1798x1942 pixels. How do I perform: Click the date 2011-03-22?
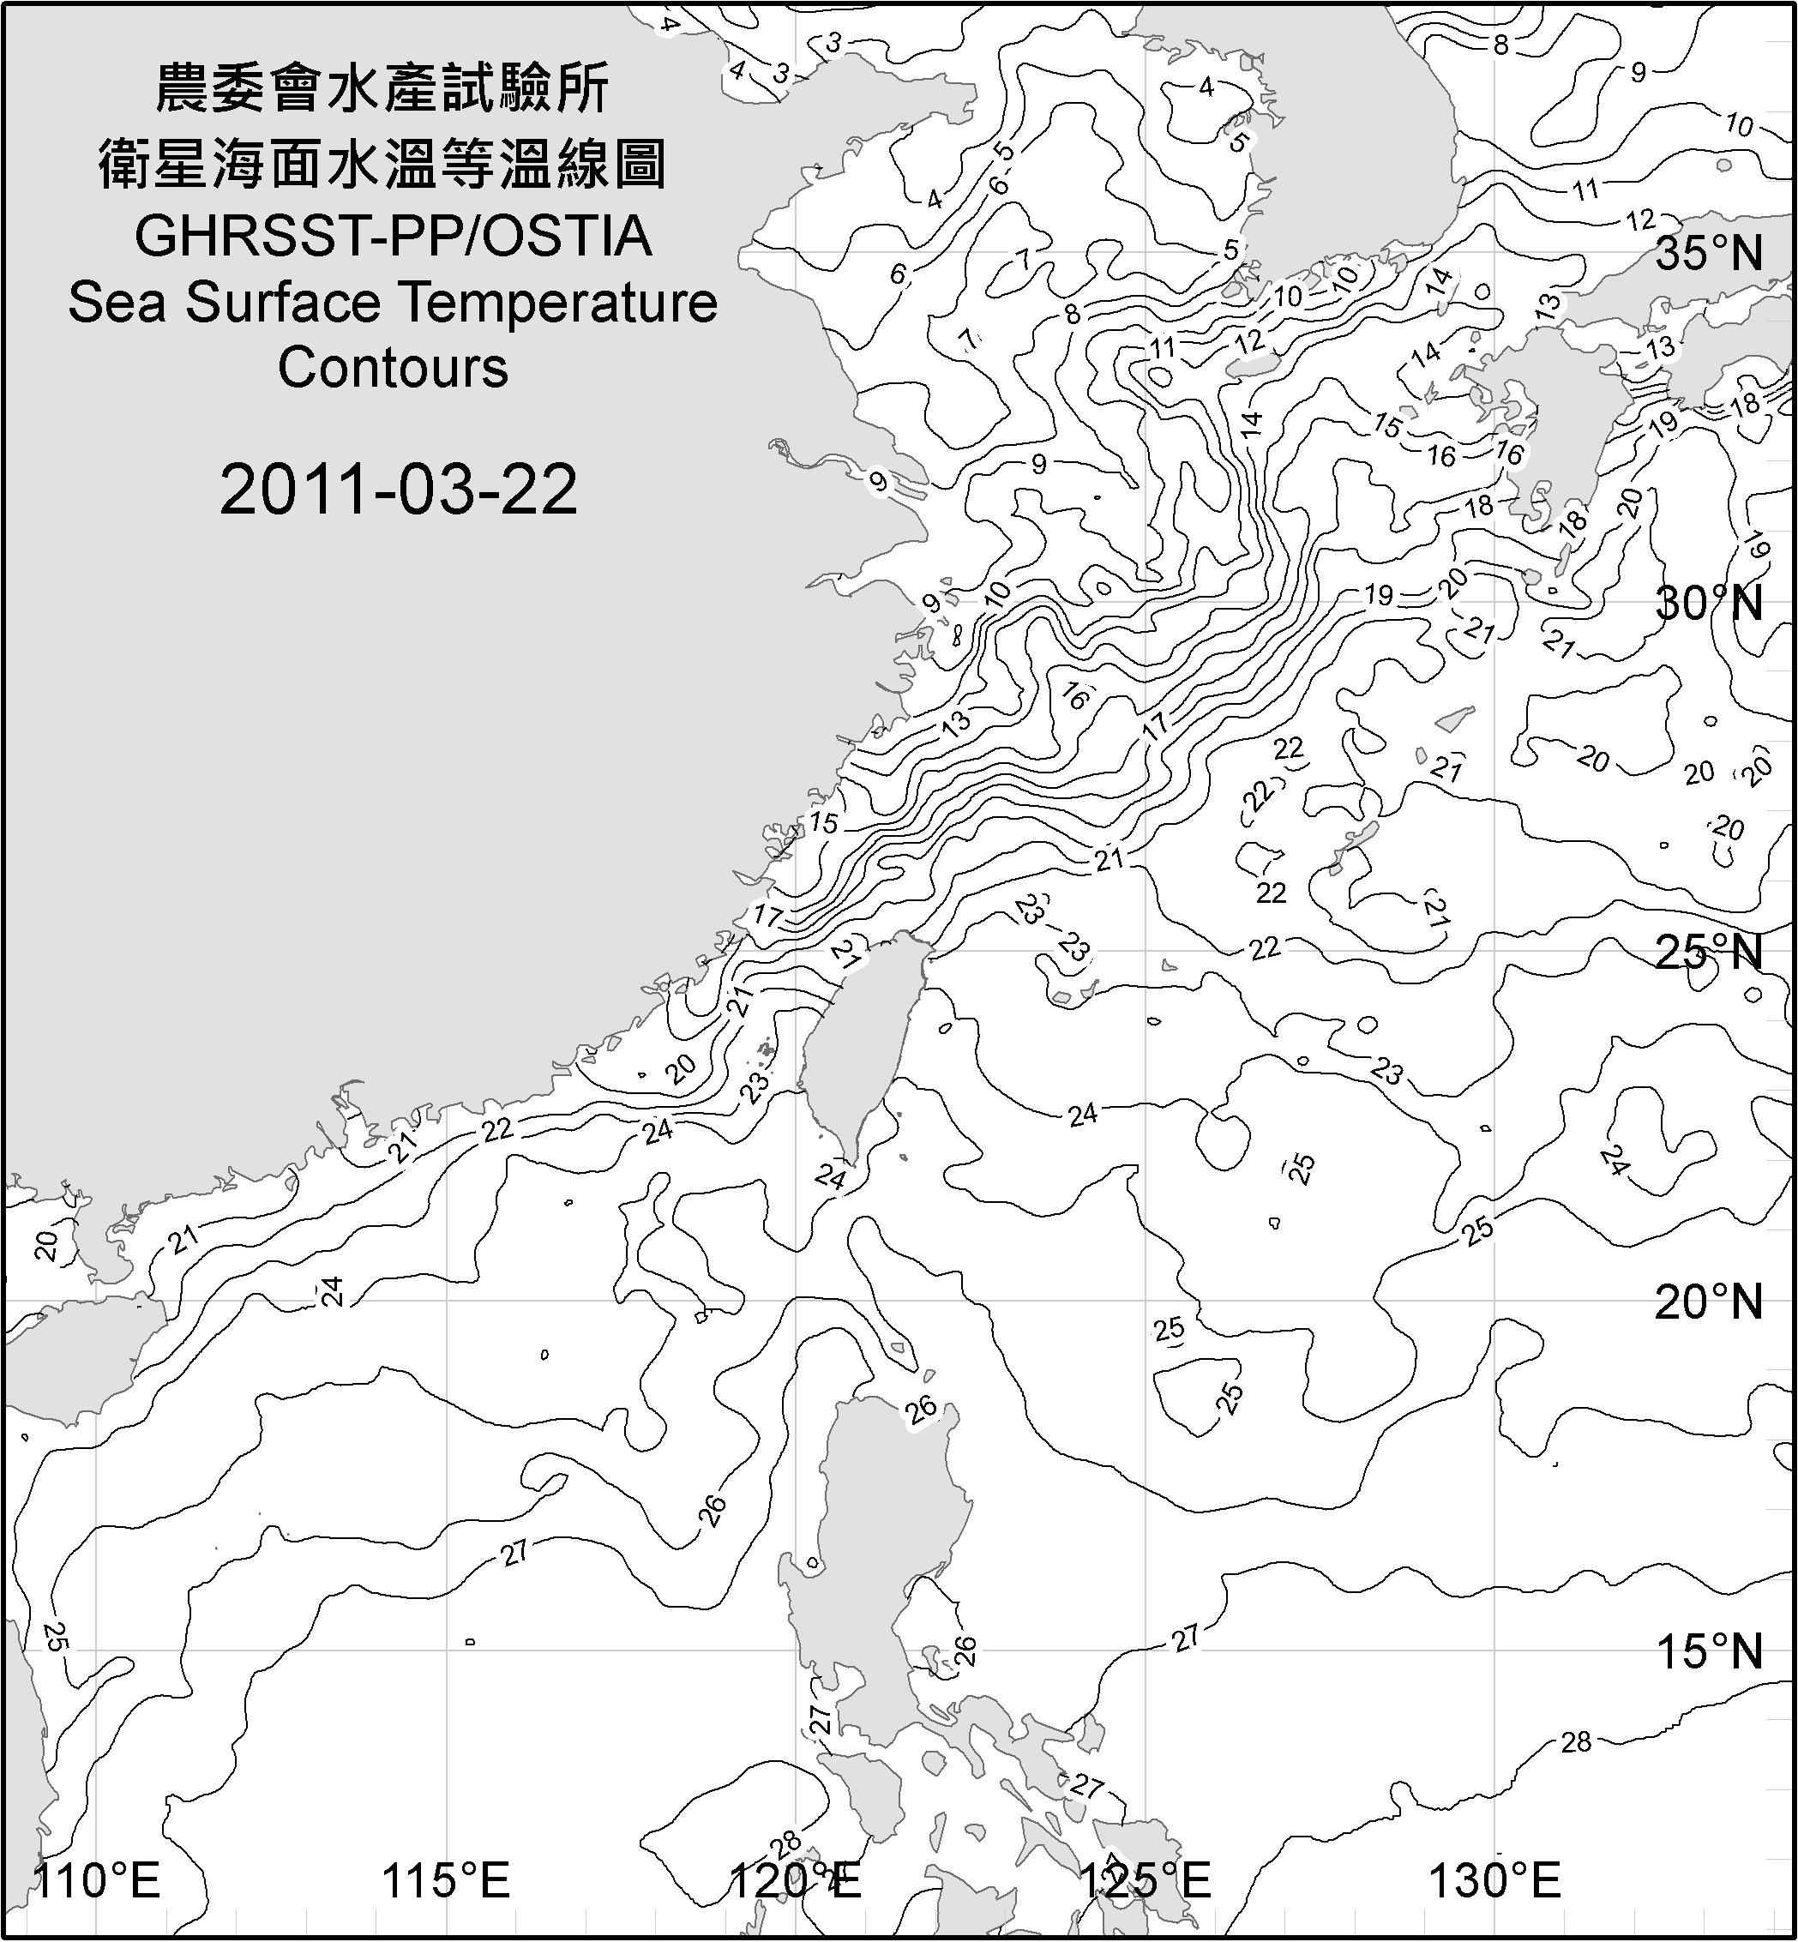[398, 490]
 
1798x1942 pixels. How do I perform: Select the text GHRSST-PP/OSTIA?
[393, 237]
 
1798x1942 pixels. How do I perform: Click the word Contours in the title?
[393, 369]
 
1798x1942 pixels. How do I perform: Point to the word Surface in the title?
[283, 303]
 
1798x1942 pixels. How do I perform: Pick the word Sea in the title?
[117, 303]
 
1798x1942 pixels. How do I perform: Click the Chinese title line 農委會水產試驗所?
[382, 88]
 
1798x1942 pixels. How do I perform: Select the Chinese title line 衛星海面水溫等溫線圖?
[382, 163]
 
